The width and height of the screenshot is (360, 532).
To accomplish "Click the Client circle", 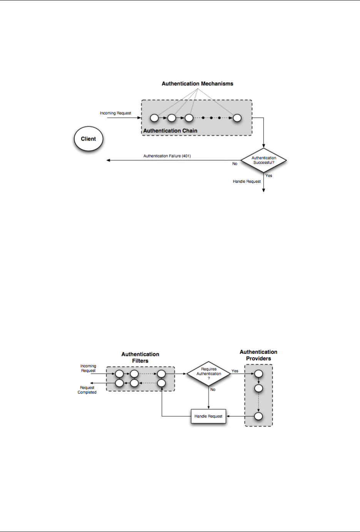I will pos(88,139).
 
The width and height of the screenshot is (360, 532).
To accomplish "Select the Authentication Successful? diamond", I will pos(264,160).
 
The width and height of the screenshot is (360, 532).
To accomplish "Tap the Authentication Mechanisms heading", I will pos(197,84).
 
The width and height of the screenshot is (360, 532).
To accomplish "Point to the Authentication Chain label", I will pos(170,131).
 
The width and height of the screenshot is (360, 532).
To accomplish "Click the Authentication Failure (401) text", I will pos(167,156).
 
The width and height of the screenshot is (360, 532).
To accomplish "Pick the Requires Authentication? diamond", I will pos(208,373).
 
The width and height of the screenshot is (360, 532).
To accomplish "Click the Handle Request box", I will pos(208,416).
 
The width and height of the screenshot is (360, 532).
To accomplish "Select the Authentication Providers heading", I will pos(258,355).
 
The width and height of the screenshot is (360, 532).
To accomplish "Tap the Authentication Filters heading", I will pos(140,358).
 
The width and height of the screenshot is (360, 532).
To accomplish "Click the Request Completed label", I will pos(87,390).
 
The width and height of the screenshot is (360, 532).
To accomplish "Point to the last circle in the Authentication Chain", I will pos(237,118).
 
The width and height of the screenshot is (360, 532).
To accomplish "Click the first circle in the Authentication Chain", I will pos(155,118).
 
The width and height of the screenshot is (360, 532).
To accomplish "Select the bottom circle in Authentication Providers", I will pos(258,416).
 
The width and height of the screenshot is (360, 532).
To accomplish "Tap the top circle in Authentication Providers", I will pos(258,373).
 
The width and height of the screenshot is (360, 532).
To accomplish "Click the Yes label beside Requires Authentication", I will pos(235,371).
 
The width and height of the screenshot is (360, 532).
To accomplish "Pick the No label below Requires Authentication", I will pos(213,390).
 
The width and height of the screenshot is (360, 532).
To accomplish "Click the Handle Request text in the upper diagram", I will pos(247,181).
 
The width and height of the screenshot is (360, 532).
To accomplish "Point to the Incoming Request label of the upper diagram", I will pos(115,113).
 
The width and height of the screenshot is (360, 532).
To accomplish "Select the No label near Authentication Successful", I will pos(235,164).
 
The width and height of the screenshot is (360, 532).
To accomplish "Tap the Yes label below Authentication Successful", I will pos(269,176).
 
